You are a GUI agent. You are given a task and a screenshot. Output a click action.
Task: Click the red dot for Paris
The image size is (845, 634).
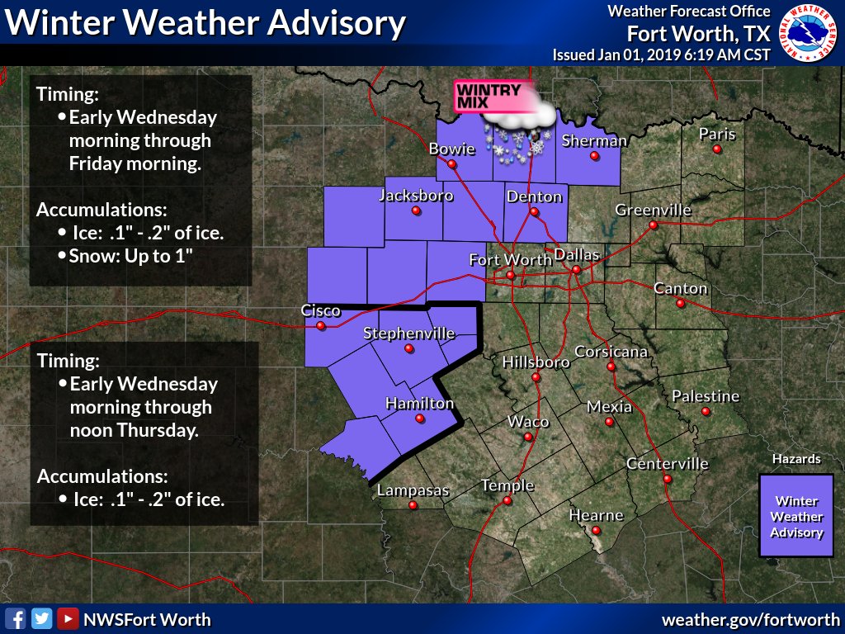tap(717, 149)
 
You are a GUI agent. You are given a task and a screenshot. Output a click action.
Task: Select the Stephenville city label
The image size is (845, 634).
tap(409, 334)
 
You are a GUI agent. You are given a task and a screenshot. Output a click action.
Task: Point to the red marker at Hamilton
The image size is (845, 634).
tap(420, 419)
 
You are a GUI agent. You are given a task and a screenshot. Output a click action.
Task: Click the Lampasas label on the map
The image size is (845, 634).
tap(413, 490)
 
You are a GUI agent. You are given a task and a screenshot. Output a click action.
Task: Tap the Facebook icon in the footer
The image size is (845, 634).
tap(15, 618)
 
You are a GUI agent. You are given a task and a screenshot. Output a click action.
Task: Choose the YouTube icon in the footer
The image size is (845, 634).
tap(68, 618)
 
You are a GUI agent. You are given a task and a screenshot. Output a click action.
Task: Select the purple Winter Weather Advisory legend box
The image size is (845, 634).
tap(796, 516)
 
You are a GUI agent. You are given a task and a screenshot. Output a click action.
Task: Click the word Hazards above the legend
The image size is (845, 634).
tap(796, 459)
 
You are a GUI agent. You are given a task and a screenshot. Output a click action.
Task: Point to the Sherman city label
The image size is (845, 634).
tap(594, 140)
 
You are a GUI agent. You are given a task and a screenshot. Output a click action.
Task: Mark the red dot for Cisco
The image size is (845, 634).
tap(321, 325)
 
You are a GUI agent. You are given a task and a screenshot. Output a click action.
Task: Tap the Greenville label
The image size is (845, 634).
tap(653, 210)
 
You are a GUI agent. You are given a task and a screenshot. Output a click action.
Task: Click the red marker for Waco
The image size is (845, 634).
tap(528, 437)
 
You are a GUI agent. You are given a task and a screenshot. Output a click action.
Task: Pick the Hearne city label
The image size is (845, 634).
tap(597, 515)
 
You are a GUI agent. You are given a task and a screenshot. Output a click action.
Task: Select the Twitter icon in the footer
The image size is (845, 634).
tap(41, 618)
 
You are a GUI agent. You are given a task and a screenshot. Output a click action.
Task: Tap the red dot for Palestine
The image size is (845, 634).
tap(706, 411)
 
